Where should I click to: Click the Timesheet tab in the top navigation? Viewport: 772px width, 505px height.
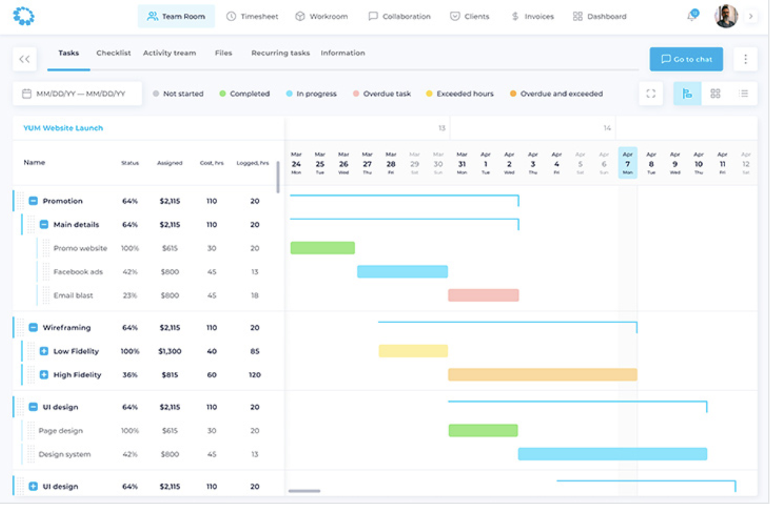coord(252,16)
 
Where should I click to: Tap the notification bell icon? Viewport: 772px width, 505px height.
coord(691,16)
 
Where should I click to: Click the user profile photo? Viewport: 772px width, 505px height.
coord(726,16)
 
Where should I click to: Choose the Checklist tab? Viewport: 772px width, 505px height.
coord(113,53)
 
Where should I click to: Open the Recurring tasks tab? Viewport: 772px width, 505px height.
coord(280,53)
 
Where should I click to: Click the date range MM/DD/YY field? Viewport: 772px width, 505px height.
coord(78,94)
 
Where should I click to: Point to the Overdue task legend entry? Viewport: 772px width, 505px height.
coord(382,94)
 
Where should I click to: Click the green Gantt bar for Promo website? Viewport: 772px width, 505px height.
coord(322,248)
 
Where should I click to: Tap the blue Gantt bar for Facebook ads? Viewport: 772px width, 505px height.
coord(402,272)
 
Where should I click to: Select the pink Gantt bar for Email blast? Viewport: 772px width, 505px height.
coord(483,295)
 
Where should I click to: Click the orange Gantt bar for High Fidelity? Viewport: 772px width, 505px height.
coord(542,375)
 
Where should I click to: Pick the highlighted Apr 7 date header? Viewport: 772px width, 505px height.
coord(627,163)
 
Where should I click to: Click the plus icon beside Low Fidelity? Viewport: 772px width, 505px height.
coord(44,351)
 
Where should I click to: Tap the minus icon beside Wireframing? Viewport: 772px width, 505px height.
coord(33,327)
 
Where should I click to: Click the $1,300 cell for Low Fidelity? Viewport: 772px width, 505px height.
coord(170,351)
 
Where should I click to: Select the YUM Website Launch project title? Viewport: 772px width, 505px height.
coord(63,128)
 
